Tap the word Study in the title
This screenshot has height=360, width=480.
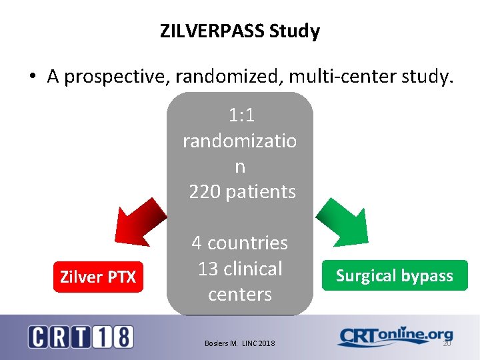click(x=298, y=31)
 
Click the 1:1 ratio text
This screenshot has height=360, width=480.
click(x=241, y=115)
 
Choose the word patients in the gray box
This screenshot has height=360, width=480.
click(x=260, y=192)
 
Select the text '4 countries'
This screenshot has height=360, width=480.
click(x=240, y=243)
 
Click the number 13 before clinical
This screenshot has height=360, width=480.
click(x=208, y=269)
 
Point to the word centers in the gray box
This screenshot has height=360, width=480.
click(x=240, y=294)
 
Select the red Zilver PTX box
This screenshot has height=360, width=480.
click(x=98, y=277)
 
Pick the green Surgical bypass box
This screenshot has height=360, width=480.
click(x=395, y=276)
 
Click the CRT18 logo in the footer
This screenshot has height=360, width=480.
click(x=80, y=337)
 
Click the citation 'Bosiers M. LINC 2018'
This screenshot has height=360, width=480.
click(x=240, y=343)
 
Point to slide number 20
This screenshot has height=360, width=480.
click(x=446, y=343)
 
